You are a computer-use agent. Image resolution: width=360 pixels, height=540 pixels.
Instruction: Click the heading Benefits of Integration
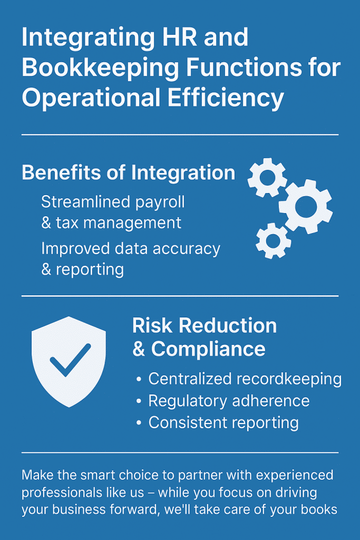(x=128, y=173)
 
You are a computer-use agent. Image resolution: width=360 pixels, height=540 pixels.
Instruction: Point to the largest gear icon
(x=305, y=207)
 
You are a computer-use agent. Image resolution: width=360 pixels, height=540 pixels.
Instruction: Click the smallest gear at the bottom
(x=273, y=240)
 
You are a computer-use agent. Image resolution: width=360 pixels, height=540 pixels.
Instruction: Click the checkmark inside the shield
(x=69, y=360)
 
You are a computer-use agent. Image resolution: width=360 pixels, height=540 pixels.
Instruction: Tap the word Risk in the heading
(x=152, y=326)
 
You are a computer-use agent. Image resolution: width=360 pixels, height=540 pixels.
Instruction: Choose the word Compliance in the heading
(x=208, y=349)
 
